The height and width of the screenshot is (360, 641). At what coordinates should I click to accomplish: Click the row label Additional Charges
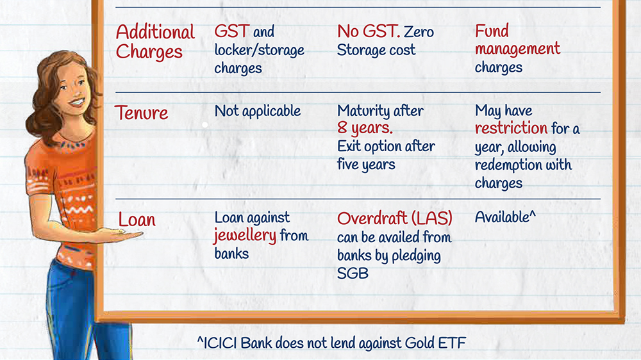pos(155,42)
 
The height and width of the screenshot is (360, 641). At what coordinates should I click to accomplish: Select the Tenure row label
pos(141,112)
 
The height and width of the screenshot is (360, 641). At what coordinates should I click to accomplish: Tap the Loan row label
pos(137,220)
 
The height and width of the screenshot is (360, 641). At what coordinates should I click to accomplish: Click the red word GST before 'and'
pos(232,31)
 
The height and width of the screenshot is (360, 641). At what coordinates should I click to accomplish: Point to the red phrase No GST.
pos(369,31)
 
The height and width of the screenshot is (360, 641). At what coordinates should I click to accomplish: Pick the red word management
pos(517,49)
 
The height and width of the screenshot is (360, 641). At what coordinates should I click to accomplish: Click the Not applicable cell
pos(258,111)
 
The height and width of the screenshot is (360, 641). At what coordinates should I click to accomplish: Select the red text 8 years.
pos(365,128)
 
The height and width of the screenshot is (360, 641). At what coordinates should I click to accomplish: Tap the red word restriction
pos(511,128)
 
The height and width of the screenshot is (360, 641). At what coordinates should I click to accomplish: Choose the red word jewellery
pos(245,236)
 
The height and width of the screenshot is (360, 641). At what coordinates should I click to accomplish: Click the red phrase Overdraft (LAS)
pos(394,218)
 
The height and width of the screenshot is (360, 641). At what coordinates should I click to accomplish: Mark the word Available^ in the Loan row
pos(505,217)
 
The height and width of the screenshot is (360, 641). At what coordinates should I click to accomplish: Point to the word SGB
pos(353,273)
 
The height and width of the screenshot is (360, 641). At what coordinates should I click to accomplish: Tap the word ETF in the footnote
pos(452,343)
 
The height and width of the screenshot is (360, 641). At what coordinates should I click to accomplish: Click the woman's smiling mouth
pos(76,101)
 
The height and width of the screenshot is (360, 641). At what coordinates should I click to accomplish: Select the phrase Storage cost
pos(376,50)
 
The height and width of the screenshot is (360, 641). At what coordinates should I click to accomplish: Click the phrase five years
pos(366,164)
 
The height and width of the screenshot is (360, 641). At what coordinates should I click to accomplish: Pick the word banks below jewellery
pos(231,254)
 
